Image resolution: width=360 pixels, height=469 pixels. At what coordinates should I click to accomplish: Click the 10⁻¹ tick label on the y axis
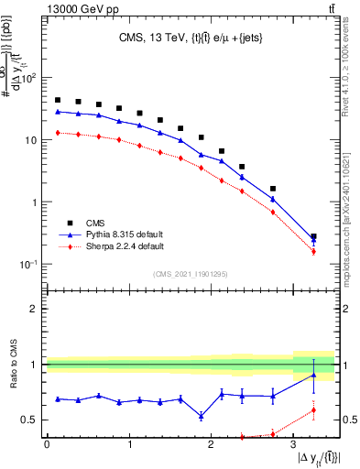pos(27,265)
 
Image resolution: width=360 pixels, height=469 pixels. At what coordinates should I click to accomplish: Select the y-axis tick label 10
pos(30,140)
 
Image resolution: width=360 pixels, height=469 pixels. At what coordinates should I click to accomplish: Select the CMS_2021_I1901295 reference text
pos(190,274)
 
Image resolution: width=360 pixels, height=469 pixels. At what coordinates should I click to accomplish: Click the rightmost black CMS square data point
pos(313,236)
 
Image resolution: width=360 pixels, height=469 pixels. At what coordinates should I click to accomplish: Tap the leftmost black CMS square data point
pos(58,100)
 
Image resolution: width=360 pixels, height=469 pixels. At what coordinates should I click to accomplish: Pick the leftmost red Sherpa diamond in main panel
pos(58,133)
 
